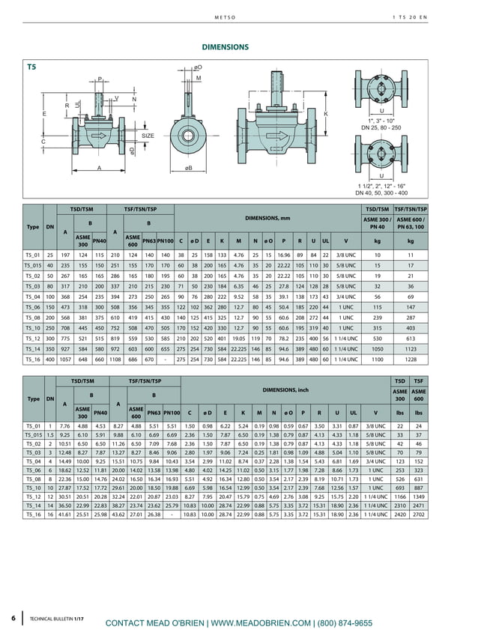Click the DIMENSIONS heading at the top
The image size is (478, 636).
pyautogui.click(x=226, y=46)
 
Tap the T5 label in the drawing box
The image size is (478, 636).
pyautogui.click(x=31, y=67)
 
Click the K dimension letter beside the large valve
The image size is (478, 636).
pyautogui.click(x=326, y=113)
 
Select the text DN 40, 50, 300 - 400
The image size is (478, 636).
pyautogui.click(x=381, y=193)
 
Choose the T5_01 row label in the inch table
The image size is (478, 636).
pyautogui.click(x=32, y=425)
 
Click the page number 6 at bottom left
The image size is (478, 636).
pyautogui.click(x=13, y=618)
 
